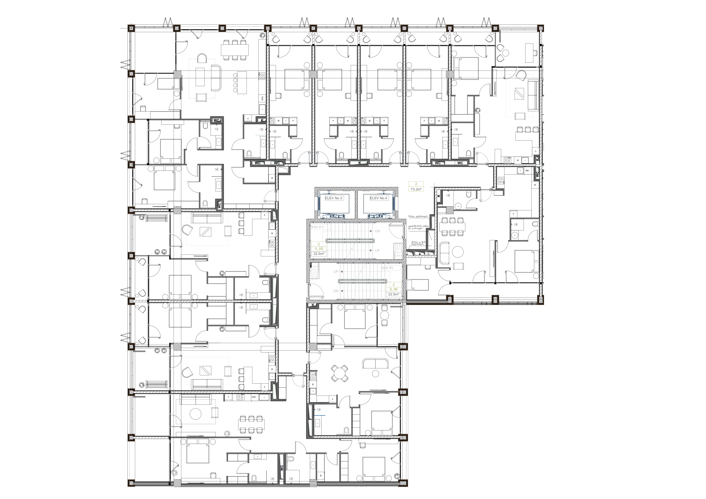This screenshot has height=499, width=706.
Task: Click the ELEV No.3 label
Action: click(334, 198)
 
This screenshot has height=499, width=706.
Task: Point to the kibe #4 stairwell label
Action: click(387, 268)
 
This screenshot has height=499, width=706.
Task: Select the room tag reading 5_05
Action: click(319, 249)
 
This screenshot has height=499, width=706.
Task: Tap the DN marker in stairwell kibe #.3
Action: click(377, 231)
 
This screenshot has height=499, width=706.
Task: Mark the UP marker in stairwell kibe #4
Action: click(336, 272)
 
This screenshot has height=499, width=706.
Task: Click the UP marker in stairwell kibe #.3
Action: click(377, 250)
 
